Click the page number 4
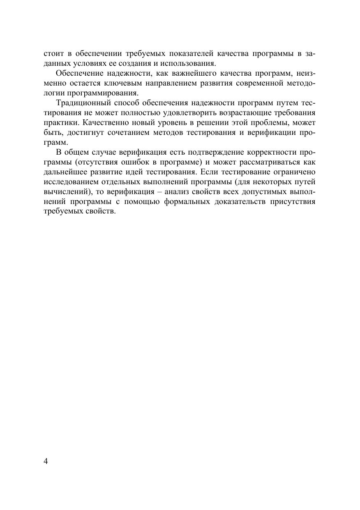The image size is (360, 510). [46, 461]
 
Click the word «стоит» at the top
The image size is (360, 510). [52, 54]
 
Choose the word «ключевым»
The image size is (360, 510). [114, 83]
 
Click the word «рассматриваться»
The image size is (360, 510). [264, 162]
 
